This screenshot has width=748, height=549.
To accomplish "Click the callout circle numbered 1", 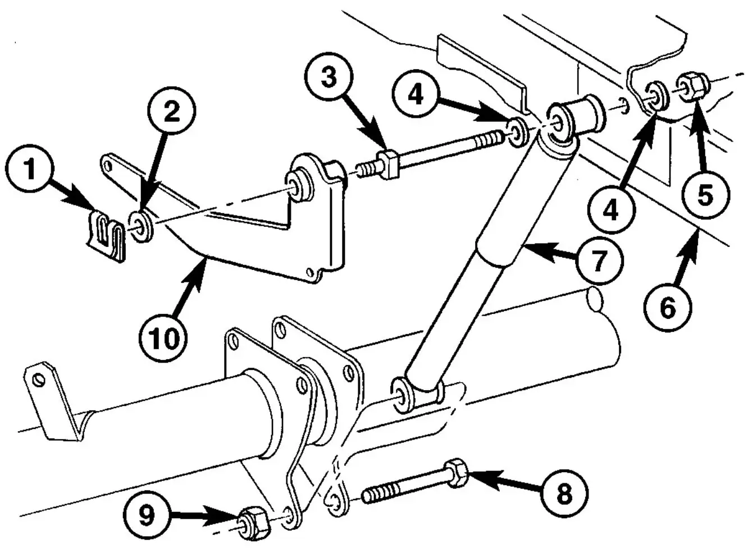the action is click(29, 169).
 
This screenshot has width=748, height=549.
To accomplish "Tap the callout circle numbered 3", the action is click(329, 77).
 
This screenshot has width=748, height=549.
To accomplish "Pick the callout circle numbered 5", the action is click(705, 195).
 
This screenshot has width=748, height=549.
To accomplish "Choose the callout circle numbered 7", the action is click(599, 260).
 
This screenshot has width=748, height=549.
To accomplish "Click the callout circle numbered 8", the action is click(564, 493).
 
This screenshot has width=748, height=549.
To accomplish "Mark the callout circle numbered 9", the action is click(147, 514).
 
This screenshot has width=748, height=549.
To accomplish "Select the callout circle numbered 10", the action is click(163, 338).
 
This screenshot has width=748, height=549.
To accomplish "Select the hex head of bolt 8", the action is click(456, 473).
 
